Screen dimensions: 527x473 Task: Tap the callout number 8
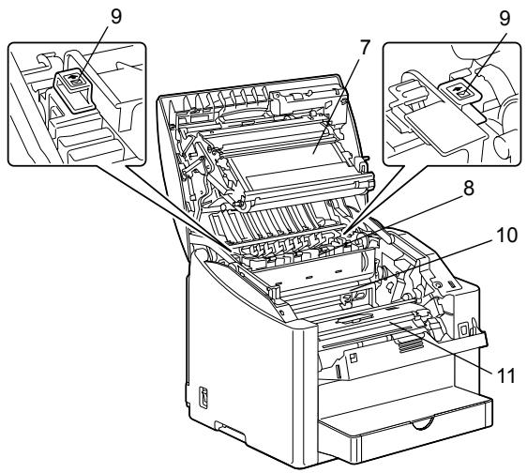pyautogui.click(x=468, y=188)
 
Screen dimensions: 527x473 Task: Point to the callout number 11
pyautogui.click(x=504, y=375)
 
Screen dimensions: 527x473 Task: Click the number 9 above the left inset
pyautogui.click(x=115, y=17)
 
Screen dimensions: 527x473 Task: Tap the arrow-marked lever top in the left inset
pyautogui.click(x=74, y=79)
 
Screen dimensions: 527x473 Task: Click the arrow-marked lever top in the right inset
pyautogui.click(x=459, y=89)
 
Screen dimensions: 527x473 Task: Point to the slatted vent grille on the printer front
pyautogui.click(x=410, y=344)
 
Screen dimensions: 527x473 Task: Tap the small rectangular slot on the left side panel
pyautogui.click(x=203, y=397)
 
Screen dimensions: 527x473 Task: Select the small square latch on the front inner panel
pyautogui.click(x=353, y=359)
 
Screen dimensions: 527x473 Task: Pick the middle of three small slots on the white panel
pyautogui.click(x=309, y=277)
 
